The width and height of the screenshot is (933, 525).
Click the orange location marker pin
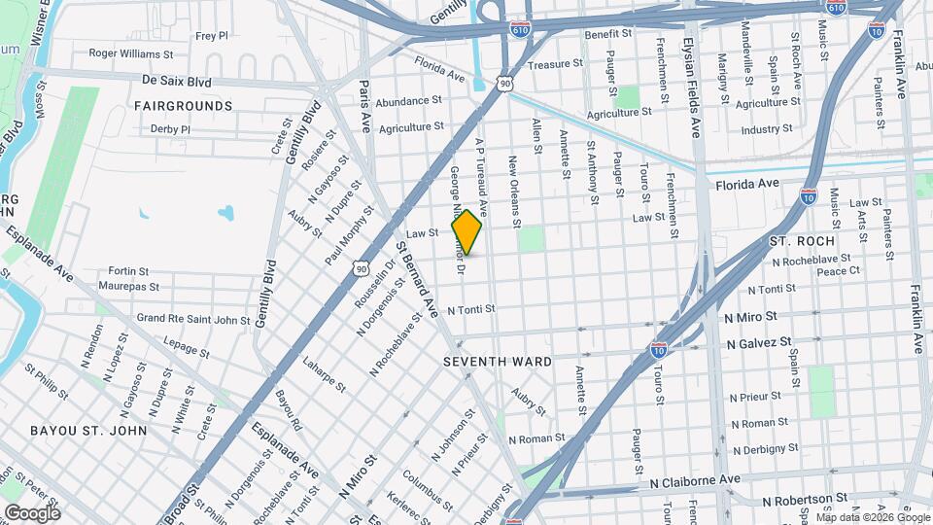click(466, 231)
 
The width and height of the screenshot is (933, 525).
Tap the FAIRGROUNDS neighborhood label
click(183, 105)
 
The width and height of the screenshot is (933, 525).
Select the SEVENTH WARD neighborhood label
click(498, 361)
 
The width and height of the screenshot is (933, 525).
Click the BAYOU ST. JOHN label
click(88, 430)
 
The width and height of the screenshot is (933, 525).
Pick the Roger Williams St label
click(131, 54)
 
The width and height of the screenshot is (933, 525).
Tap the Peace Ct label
click(839, 271)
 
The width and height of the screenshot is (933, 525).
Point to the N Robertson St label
click(804, 501)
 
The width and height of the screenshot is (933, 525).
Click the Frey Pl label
click(211, 35)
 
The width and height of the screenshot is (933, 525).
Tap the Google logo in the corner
click(32, 512)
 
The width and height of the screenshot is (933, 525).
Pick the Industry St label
click(767, 129)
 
